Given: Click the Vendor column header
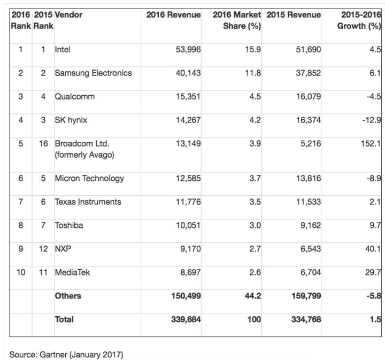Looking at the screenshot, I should (68, 15).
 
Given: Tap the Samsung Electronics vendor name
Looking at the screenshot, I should (93, 73).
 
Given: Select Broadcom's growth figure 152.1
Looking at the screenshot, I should (370, 144).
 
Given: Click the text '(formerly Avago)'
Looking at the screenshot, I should (85, 155).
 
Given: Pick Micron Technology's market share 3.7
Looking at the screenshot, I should (254, 179).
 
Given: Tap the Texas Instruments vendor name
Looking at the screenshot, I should (88, 202).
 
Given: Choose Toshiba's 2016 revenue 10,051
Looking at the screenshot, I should (188, 226).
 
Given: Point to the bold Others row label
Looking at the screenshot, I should (68, 296).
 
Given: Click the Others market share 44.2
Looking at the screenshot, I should (252, 296).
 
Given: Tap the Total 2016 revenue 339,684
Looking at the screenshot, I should (186, 319).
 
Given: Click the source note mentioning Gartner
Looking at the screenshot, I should (66, 355).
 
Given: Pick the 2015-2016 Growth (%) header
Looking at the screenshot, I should (359, 20).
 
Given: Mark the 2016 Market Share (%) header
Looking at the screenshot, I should (237, 20).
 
